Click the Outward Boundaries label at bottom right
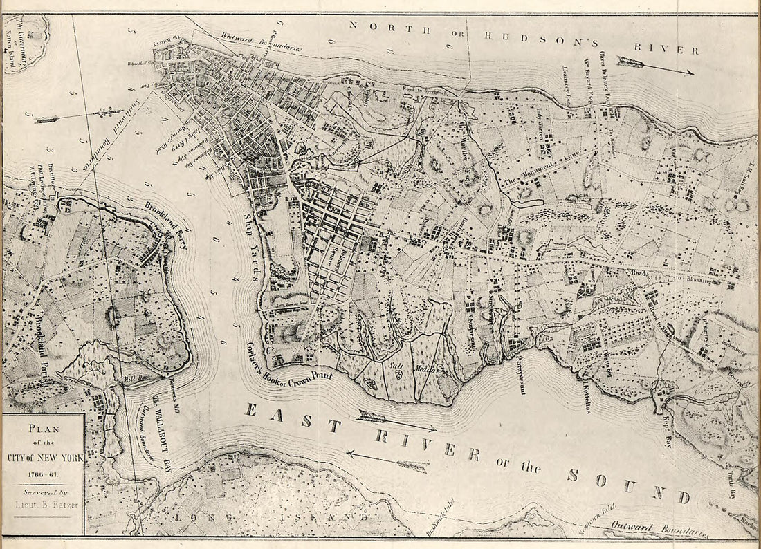(x=661, y=529)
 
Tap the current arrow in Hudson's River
(x=654, y=65)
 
